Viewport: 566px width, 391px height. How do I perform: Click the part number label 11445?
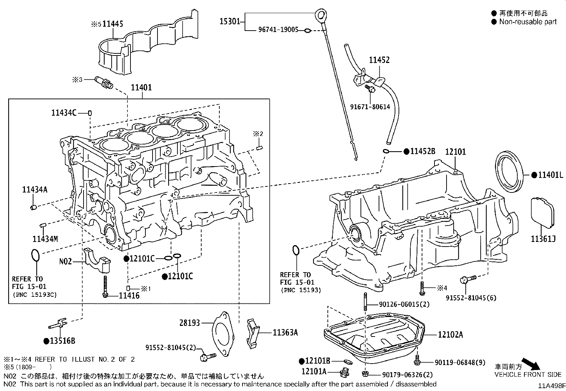(x=113, y=24)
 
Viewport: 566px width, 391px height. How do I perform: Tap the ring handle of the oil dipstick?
(x=321, y=15)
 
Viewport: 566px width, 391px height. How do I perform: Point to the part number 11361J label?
(x=543, y=239)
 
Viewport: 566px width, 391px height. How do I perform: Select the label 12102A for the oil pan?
(x=450, y=334)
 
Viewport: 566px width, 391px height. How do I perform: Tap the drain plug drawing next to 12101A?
(x=344, y=373)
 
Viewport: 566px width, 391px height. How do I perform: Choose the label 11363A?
(x=285, y=333)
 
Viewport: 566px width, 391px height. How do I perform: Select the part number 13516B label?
(x=62, y=341)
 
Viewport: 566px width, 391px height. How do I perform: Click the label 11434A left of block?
(x=34, y=190)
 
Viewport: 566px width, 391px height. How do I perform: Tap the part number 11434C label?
(x=64, y=113)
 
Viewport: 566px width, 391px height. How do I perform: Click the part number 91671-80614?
(x=370, y=107)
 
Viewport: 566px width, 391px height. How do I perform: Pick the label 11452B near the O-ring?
(x=422, y=151)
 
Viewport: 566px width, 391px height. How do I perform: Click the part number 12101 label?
(x=455, y=152)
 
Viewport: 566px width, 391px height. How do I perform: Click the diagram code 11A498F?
(x=551, y=386)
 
